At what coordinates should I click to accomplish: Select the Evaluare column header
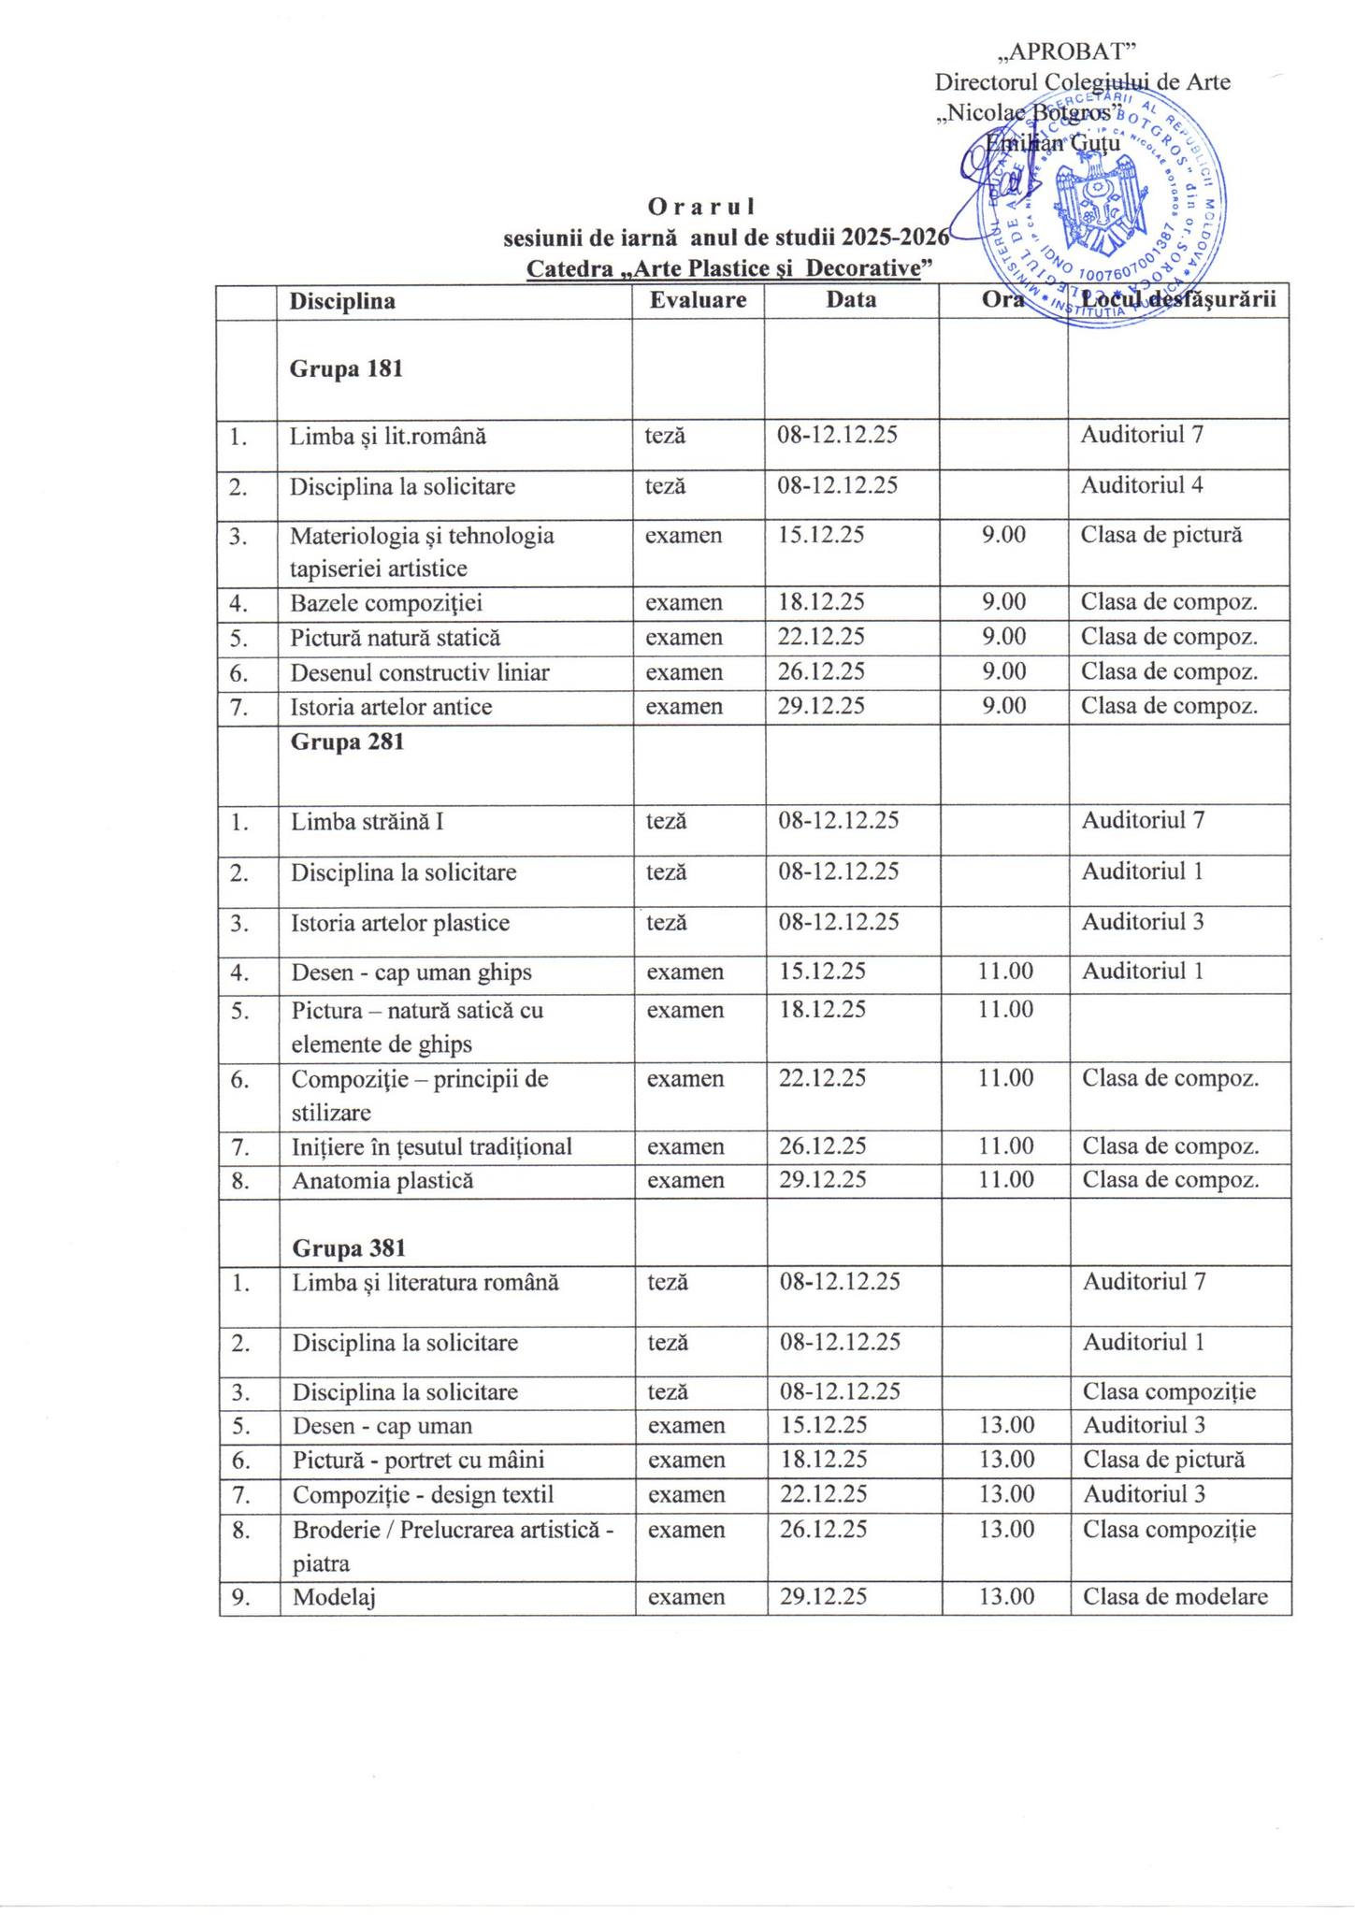click(698, 300)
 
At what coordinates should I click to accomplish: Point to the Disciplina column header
click(342, 301)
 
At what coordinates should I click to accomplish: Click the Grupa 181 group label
click(346, 368)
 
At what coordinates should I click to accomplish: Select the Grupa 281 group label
click(347, 742)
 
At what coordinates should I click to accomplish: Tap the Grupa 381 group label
click(349, 1248)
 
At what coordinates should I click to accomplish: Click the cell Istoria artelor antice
click(391, 707)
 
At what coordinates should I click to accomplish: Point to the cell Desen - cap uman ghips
click(411, 972)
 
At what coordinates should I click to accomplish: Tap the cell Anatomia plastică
click(382, 1181)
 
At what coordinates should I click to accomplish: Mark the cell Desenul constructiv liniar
click(420, 672)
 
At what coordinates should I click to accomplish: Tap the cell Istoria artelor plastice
click(400, 923)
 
